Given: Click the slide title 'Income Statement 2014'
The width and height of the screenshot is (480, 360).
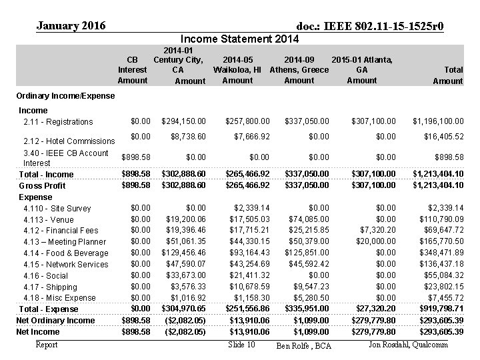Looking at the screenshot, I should [x=239, y=39].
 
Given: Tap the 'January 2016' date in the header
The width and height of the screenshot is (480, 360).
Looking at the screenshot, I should [x=71, y=26].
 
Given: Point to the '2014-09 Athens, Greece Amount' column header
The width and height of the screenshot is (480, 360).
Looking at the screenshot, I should [x=299, y=70].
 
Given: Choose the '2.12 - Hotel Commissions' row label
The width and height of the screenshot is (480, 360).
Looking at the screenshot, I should [x=69, y=141].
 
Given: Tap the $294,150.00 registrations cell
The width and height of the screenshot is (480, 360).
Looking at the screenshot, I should [x=184, y=121].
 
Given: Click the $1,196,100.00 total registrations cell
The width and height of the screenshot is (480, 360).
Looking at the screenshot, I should [x=437, y=121].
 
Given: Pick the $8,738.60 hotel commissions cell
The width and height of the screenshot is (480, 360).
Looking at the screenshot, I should [x=189, y=136].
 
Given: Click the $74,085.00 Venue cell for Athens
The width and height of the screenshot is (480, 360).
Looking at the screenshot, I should [x=307, y=219].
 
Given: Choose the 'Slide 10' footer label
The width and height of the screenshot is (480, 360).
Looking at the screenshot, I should [x=241, y=345].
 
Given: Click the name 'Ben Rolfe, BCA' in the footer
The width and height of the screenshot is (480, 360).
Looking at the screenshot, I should [x=303, y=346].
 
